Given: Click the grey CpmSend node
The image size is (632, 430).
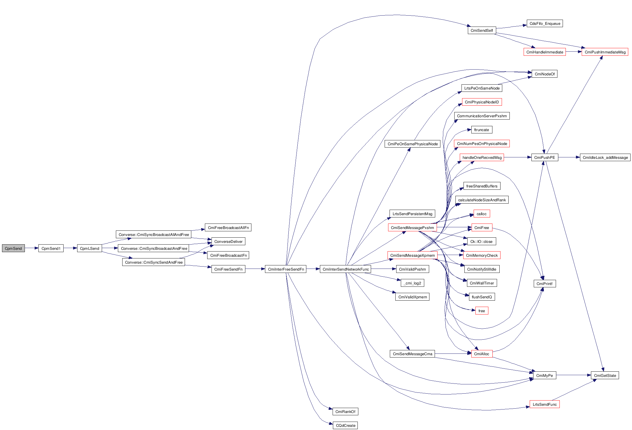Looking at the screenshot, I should point(13,248).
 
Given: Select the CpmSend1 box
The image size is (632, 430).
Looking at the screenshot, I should point(51,248).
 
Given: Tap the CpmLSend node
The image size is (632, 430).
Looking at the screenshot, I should point(89,248).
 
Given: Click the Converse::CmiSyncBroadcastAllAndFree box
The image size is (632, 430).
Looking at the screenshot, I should point(153,234).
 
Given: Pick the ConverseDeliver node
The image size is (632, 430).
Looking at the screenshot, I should point(228,241).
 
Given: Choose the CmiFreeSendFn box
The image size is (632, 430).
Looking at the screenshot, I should point(228,269).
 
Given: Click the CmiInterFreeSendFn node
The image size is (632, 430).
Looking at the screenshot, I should point(286,269).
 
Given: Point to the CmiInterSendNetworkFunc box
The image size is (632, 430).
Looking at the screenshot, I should point(345,269).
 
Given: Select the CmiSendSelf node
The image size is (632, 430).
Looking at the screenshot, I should point(481,30).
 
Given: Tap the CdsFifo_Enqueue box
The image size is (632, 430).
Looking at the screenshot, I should point(545,23).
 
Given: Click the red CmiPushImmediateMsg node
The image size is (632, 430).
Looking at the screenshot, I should point(605,52).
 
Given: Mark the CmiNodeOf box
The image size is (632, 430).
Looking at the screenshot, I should point(544,74).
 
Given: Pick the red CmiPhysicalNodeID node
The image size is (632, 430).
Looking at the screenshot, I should point(482,102).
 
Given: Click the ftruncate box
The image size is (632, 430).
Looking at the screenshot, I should point(481,130).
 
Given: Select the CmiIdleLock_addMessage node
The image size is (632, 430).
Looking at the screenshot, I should point(605,157).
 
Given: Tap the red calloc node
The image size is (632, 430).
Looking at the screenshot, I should point(481,214).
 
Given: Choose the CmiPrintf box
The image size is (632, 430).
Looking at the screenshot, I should point(544,284).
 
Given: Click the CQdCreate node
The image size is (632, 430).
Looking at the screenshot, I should point(345,425).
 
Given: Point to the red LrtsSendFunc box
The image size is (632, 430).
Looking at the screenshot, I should point(544,404).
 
